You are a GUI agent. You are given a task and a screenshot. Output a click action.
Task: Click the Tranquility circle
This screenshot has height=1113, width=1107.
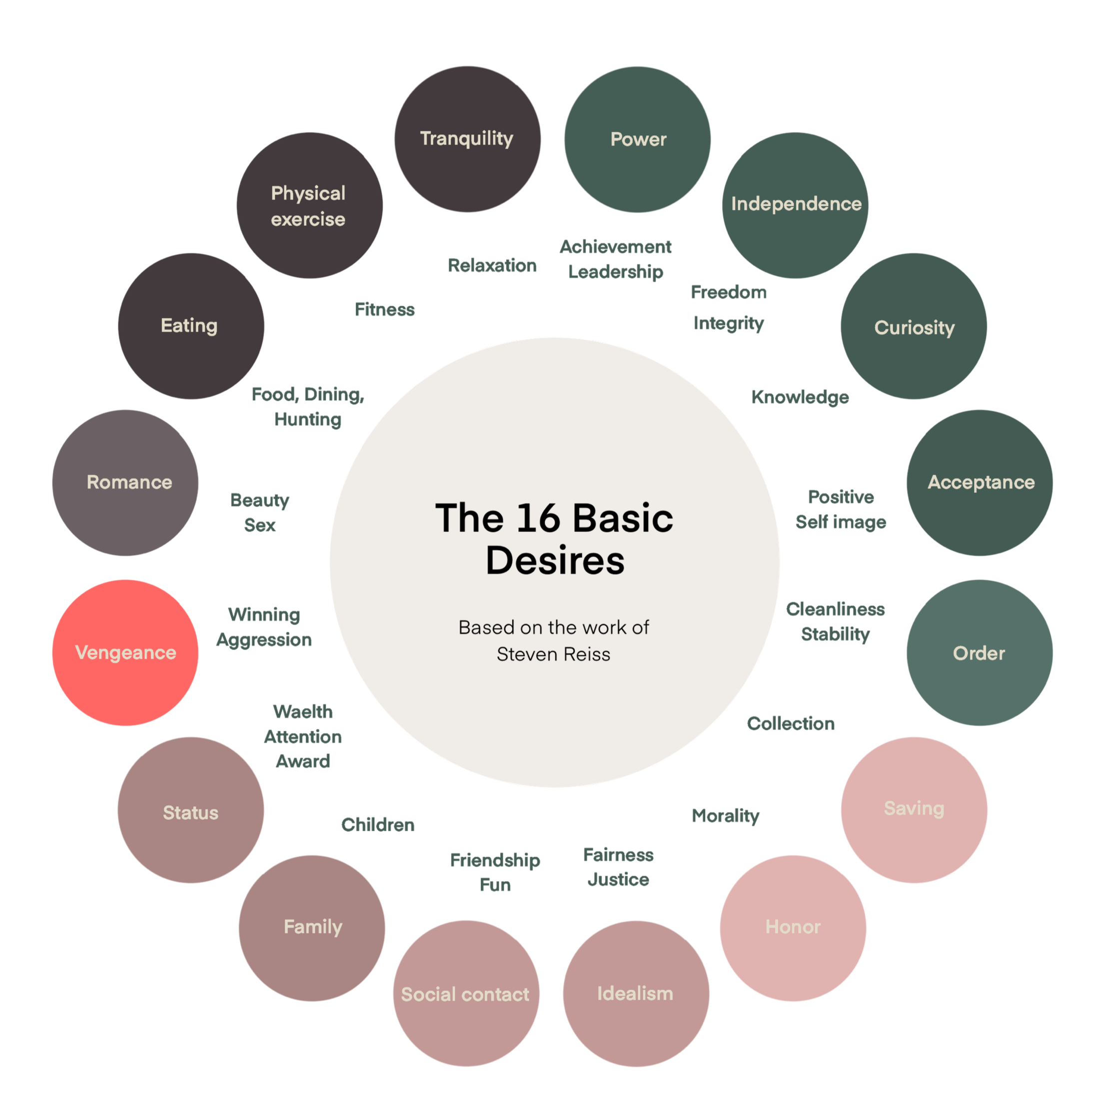pos(467,139)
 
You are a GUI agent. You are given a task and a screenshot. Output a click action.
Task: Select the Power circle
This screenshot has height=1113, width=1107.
pos(637,139)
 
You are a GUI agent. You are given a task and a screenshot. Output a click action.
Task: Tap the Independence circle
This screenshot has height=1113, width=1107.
pos(795,204)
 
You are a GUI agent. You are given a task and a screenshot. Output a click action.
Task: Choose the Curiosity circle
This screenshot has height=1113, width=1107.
pos(914,327)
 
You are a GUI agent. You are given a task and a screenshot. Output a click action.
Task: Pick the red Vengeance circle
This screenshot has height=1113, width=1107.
pos(125,653)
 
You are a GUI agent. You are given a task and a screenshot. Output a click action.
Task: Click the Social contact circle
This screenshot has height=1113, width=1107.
pos(466,994)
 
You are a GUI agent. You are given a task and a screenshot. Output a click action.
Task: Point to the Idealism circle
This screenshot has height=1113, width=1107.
pos(636,993)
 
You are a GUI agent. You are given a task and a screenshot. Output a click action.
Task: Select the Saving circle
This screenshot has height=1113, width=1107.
pos(914,809)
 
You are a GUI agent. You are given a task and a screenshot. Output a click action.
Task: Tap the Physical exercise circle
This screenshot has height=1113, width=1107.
pos(309,206)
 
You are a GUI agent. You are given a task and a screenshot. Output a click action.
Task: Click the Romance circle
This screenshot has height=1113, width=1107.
pos(125,483)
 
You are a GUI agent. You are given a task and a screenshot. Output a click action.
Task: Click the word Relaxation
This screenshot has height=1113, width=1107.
pos(492,266)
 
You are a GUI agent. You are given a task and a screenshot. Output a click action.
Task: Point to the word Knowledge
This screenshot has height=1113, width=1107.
pos(800,397)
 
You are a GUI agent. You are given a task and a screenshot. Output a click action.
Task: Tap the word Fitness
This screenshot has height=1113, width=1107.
pos(384,310)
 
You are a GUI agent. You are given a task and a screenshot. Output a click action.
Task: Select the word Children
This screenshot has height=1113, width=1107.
pos(377,824)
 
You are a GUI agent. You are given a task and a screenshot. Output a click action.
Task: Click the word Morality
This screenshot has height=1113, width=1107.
pos(726,816)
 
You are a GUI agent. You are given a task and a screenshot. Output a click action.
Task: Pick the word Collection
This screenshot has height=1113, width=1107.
pos(791,723)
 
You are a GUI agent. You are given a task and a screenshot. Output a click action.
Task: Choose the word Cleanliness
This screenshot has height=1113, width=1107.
pos(835,609)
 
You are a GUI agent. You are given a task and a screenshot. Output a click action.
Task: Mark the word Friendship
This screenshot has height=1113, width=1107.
pos(495,860)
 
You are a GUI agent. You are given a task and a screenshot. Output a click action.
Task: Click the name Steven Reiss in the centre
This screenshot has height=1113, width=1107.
pos(553,654)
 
